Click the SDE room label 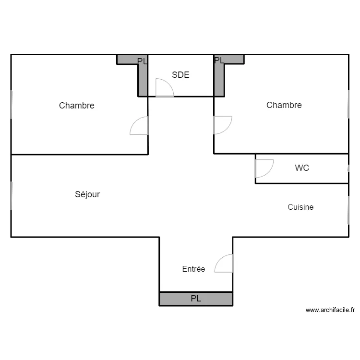[180, 75]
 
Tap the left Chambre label [76, 106]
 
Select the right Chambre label [284, 105]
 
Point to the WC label [302, 168]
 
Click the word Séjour [87, 194]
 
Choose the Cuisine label [300, 207]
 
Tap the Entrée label [193, 269]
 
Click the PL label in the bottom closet [196, 299]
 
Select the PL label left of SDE [142, 61]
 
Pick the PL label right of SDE [219, 60]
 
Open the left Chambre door [139, 125]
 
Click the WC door [264, 168]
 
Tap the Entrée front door [224, 263]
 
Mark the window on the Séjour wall [11, 195]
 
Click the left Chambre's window [11, 105]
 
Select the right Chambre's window [348, 104]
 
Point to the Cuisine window [348, 209]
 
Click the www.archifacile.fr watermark [330, 310]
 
